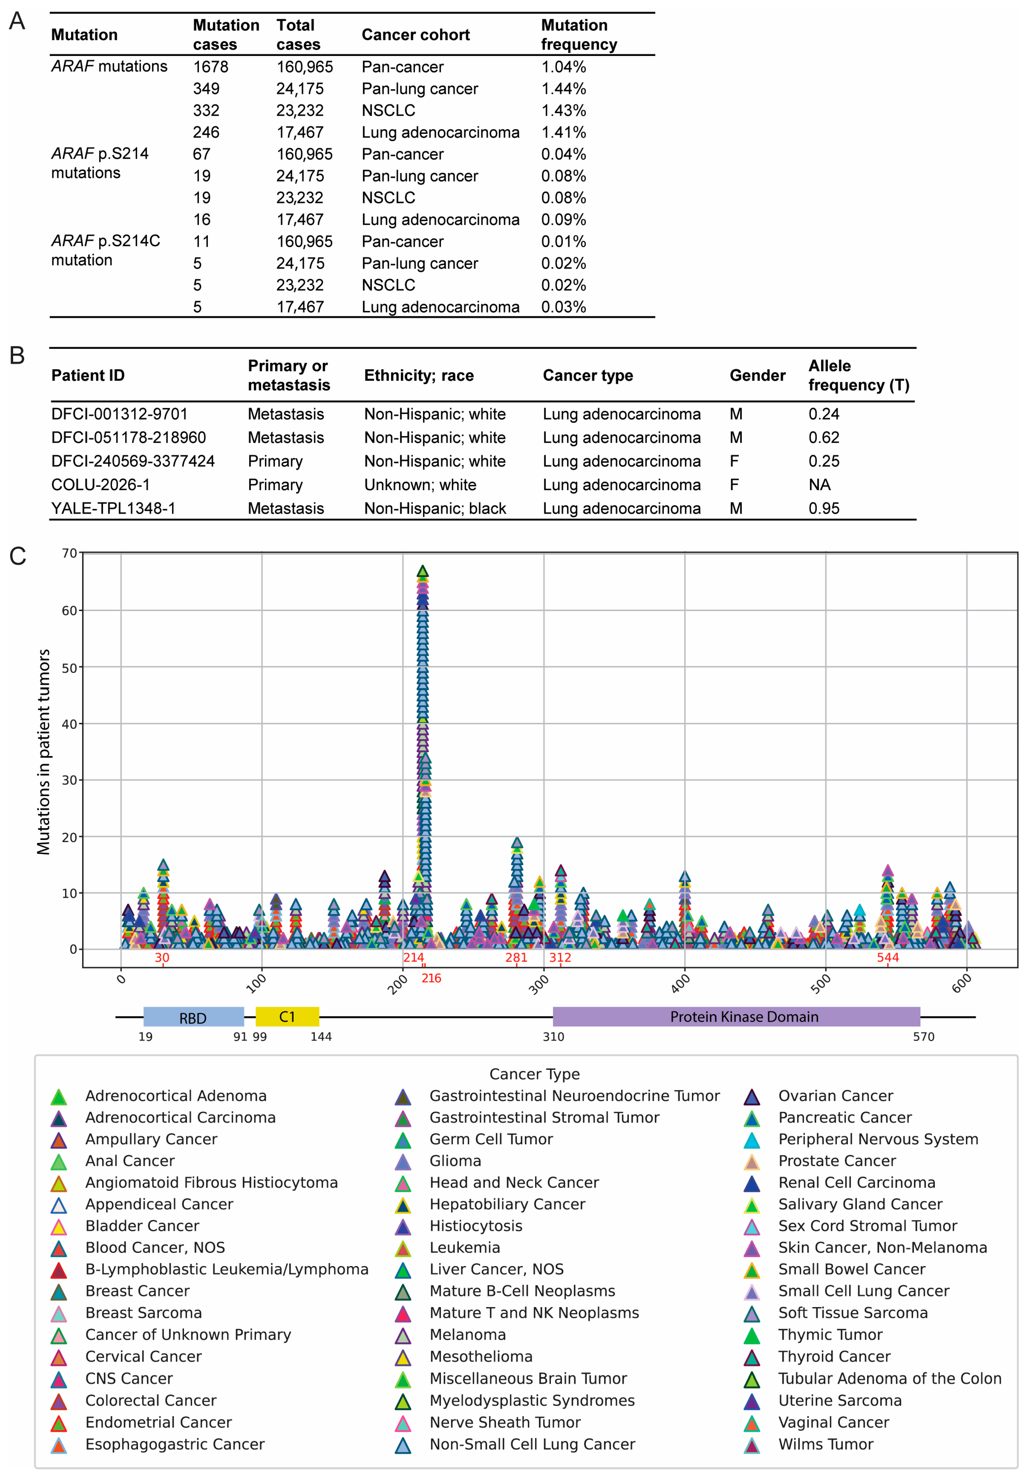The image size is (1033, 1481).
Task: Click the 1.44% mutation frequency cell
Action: pyautogui.click(x=563, y=89)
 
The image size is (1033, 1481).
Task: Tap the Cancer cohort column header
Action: pyautogui.click(x=415, y=35)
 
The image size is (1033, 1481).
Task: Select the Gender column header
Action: pyautogui.click(x=757, y=375)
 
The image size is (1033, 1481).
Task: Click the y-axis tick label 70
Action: pyautogui.click(x=69, y=553)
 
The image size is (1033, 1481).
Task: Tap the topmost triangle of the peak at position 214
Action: pyautogui.click(x=422, y=571)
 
